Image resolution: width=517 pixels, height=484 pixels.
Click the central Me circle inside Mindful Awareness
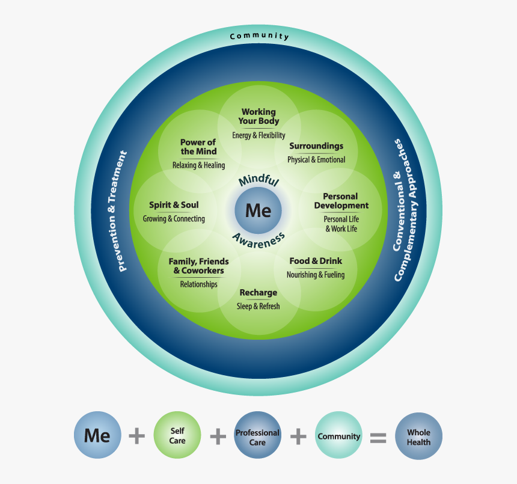[258, 210]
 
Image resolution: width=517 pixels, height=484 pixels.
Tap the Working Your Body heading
[258, 116]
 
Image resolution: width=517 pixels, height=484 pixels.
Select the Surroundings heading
[316, 146]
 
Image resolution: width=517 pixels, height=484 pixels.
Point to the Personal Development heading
[341, 201]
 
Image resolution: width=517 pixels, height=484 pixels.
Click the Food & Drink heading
[316, 261]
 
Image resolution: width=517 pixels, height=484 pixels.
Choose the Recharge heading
[258, 293]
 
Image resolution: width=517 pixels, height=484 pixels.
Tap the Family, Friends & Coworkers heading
[198, 266]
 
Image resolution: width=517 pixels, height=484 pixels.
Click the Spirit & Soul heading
[174, 205]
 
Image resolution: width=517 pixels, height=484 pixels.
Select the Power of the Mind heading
[198, 147]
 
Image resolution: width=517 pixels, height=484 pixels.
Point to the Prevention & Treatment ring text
[123, 211]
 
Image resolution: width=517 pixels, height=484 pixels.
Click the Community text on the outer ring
[259, 37]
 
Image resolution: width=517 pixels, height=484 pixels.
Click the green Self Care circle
[177, 436]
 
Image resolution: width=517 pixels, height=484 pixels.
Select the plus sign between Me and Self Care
[137, 436]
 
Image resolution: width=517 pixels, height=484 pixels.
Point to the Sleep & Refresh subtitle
[258, 306]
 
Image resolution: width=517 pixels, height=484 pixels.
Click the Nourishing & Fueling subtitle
[316, 275]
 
